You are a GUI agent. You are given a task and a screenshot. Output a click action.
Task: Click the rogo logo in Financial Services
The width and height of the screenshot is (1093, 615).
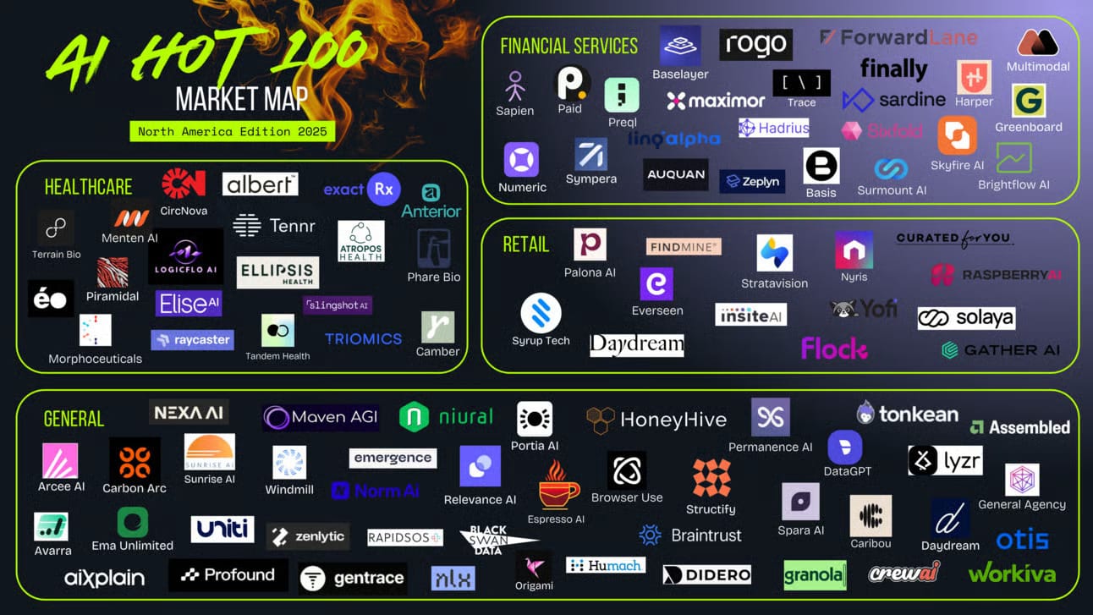pos(755,44)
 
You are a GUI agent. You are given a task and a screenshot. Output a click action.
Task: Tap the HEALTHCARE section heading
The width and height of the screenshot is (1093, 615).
pos(88,187)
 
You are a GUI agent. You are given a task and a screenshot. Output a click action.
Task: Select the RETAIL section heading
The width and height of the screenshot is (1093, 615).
pos(526,244)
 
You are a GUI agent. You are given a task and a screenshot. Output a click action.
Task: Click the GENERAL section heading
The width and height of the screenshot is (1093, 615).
pos(74,419)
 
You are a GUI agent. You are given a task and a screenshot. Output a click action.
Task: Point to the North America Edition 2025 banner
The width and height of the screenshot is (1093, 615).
pos(233,132)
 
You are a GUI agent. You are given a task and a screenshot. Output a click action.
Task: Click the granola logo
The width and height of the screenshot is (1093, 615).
pos(815,575)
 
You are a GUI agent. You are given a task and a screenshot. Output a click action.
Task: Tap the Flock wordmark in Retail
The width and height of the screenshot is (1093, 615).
pos(834,349)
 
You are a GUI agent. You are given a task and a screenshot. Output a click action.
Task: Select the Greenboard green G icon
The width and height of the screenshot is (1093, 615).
pos(1029,101)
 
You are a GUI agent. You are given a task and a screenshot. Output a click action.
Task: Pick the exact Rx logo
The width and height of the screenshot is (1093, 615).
pos(362,189)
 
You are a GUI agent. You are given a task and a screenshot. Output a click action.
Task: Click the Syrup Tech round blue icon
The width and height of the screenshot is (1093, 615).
pos(541,313)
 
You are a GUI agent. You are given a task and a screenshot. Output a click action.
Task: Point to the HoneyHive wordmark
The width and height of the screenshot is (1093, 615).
pos(656,419)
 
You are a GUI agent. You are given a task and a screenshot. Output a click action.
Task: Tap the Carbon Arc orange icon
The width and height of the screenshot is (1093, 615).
pos(135,460)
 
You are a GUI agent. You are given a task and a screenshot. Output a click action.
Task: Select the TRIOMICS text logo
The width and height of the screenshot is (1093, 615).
pos(363,339)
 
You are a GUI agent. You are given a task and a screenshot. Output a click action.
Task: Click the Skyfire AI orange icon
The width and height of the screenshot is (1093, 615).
pos(957,135)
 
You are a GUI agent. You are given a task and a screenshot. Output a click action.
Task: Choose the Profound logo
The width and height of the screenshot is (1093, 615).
pos(228,575)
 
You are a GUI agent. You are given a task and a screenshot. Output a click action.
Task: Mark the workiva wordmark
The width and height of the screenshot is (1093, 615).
pos(1012,574)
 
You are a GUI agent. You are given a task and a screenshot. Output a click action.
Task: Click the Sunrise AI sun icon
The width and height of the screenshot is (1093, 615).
pos(209,452)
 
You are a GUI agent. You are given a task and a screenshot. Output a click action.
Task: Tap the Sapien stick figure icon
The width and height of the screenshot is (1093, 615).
pos(514,86)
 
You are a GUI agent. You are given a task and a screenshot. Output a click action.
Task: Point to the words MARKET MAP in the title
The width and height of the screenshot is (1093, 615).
pos(241,99)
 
